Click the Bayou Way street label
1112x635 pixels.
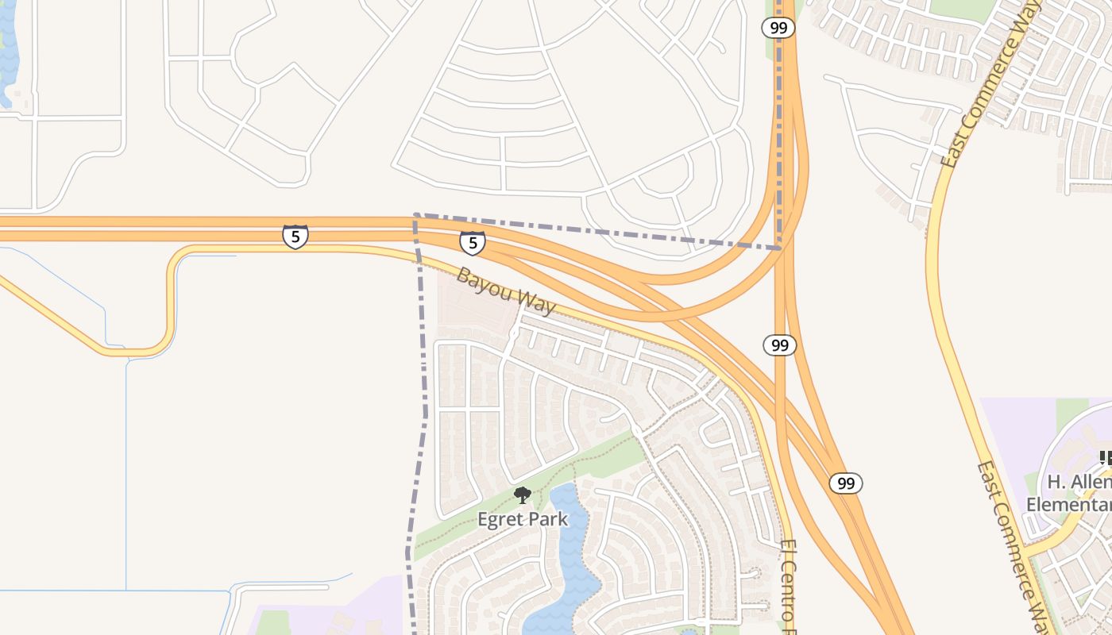pos(505,291)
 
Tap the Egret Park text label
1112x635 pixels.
pos(523,520)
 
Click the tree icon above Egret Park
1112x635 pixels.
pos(522,496)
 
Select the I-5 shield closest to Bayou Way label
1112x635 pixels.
pos(473,242)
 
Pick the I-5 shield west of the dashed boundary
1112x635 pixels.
pos(295,236)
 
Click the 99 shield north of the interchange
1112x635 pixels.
pos(778,28)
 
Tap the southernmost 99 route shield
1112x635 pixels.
pos(846,483)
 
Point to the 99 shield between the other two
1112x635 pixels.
pos(780,344)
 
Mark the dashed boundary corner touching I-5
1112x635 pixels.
pos(415,214)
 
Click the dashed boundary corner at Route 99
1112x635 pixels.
pos(780,248)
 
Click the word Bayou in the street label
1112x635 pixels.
pos(480,281)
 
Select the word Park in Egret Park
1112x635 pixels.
pos(550,520)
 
